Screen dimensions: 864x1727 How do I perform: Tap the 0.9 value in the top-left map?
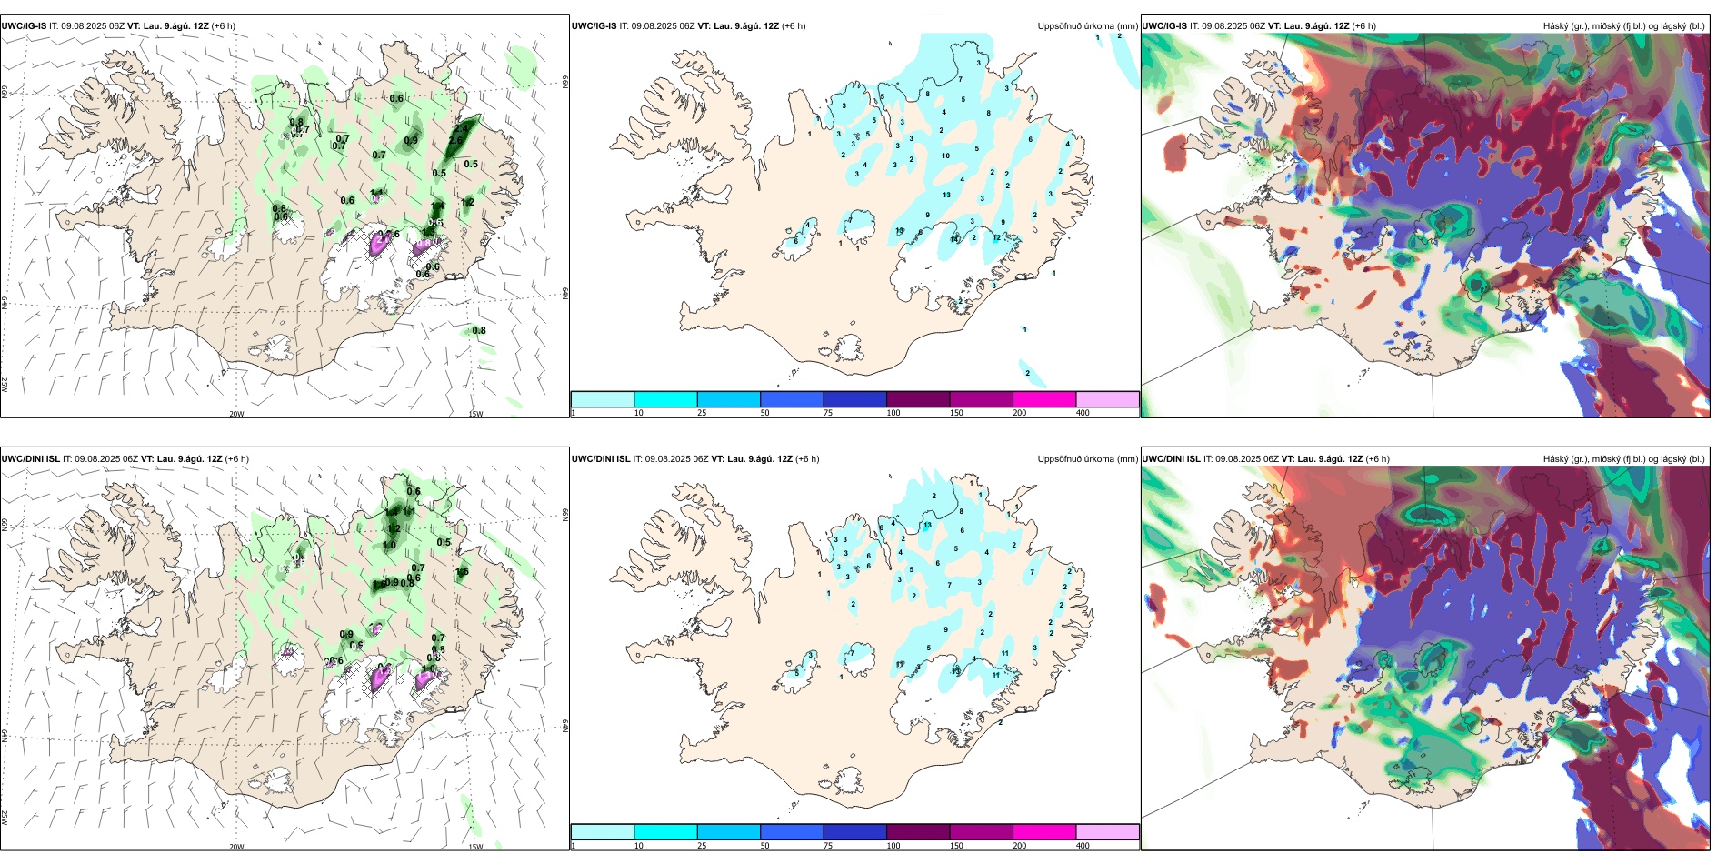(x=411, y=140)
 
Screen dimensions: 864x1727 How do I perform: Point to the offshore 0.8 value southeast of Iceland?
(x=479, y=330)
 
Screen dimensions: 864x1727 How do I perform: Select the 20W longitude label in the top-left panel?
(x=236, y=414)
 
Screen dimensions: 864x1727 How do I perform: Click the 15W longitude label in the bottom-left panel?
(x=475, y=847)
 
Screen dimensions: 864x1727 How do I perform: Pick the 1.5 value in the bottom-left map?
(x=462, y=572)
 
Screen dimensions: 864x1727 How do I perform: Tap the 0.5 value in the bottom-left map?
(x=444, y=542)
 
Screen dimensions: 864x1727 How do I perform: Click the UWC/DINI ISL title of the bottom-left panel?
(x=30, y=459)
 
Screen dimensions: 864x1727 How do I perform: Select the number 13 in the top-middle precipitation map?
(x=947, y=195)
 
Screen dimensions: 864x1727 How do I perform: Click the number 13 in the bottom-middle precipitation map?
(x=928, y=526)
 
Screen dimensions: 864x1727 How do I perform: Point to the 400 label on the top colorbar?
(x=1083, y=413)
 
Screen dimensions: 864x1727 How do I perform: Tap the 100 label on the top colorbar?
(x=893, y=413)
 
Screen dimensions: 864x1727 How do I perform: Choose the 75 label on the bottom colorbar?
(x=828, y=846)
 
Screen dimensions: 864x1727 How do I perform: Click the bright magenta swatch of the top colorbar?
(x=1044, y=399)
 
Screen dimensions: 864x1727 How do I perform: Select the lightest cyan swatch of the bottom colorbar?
(x=603, y=832)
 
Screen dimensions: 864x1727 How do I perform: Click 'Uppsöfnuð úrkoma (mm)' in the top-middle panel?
(x=1087, y=26)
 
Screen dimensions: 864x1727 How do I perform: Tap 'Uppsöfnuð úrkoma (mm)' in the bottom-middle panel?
(x=1087, y=459)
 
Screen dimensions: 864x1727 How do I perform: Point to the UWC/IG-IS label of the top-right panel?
(x=1164, y=26)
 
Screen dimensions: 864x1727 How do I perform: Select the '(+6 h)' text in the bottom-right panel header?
(x=1377, y=459)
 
